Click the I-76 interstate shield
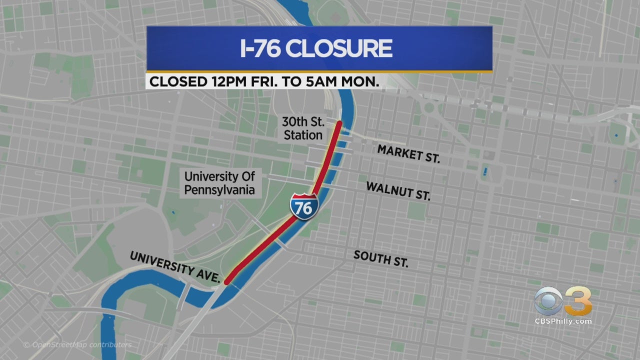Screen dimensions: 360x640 pos(303,206)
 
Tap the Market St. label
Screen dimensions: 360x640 pos(408,153)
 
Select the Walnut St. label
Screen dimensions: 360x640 pos(398,191)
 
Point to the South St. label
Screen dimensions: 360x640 pos(381,258)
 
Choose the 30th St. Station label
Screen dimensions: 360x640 pos(302,128)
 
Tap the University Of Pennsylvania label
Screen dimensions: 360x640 pos(219,183)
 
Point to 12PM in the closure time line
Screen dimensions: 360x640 pos(219,82)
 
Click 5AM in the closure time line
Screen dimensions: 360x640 pos(315,82)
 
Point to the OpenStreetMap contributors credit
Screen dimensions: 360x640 pos(77,345)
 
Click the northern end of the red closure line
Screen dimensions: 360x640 pos(339,123)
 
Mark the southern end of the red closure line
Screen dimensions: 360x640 pos(227,282)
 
